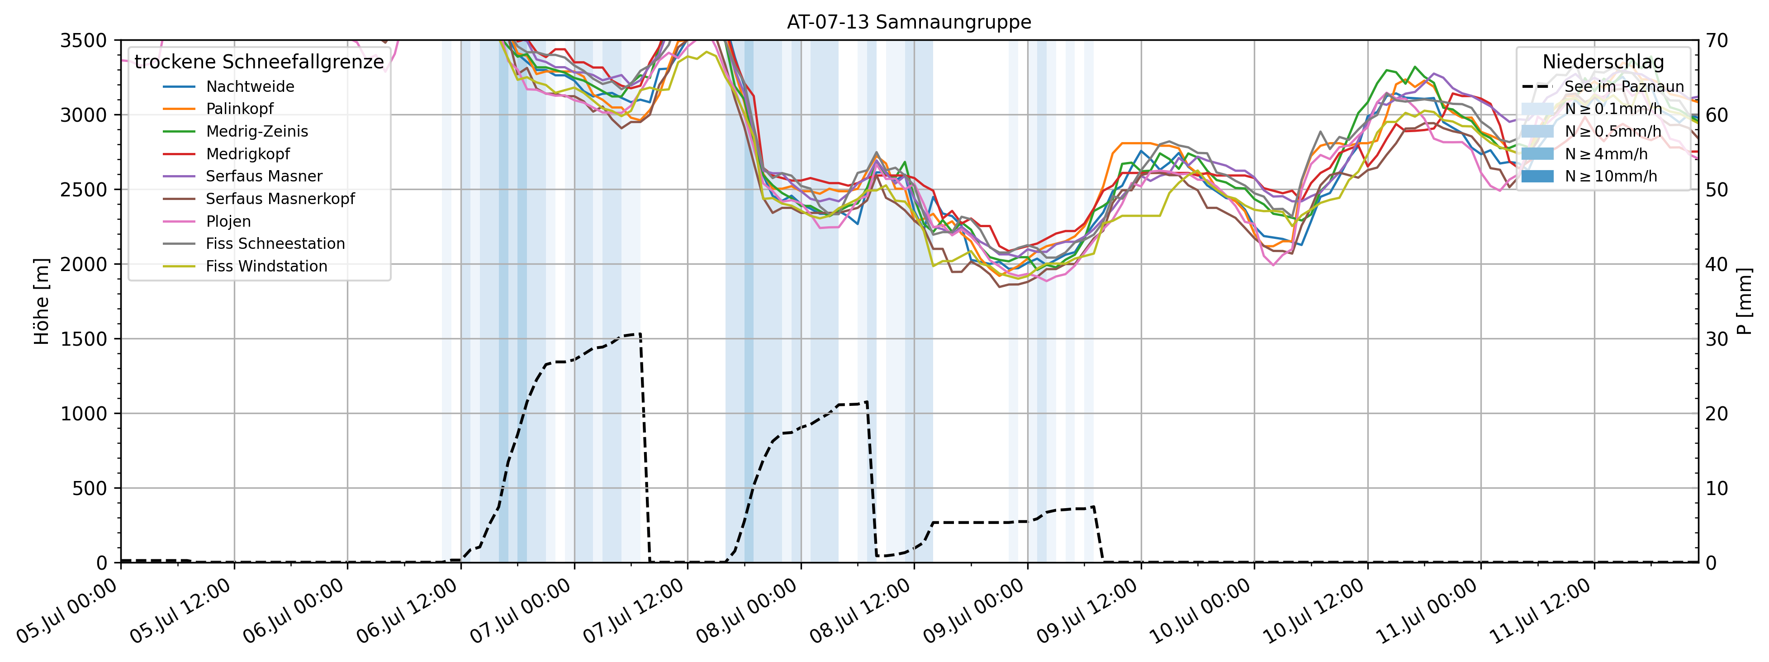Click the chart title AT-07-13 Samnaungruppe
(909, 22)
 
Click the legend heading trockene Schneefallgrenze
(259, 62)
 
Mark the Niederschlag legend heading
(1603, 62)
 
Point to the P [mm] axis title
(1744, 301)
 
